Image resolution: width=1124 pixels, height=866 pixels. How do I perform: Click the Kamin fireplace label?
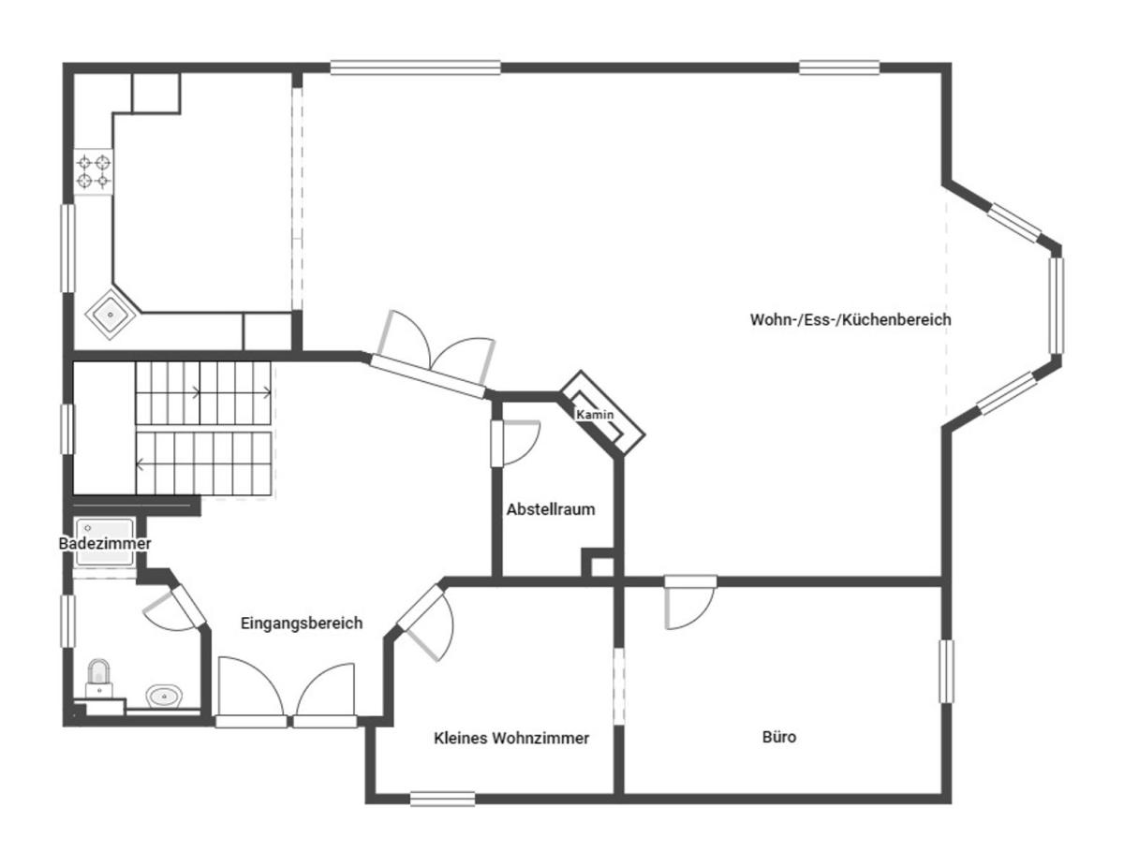click(595, 414)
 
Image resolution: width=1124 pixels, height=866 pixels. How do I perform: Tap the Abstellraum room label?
click(551, 510)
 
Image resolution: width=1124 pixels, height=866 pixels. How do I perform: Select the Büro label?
click(779, 737)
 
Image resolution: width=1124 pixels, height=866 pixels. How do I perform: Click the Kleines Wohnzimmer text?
click(511, 738)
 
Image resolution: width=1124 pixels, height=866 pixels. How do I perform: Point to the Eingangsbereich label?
click(301, 624)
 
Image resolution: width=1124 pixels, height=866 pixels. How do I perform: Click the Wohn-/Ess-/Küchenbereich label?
click(850, 319)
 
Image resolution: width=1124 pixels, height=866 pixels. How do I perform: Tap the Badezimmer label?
click(105, 543)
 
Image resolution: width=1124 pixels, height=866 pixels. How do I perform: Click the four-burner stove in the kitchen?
click(94, 171)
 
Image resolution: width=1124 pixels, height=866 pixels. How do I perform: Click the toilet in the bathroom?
click(98, 674)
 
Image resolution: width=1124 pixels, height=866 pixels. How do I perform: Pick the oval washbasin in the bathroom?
click(166, 696)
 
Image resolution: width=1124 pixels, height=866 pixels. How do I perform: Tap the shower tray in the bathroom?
click(106, 543)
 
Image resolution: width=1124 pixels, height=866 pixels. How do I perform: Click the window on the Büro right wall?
click(947, 670)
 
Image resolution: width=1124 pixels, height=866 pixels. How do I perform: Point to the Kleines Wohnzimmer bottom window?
click(442, 799)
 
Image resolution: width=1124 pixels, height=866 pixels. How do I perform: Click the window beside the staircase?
click(67, 429)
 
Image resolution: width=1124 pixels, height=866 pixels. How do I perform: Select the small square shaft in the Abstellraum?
click(600, 565)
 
